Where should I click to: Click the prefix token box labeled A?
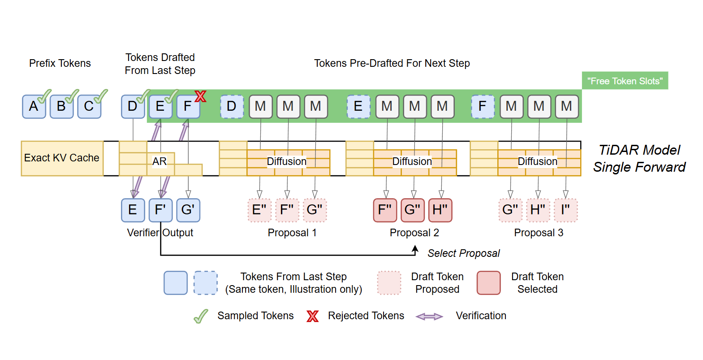click(34, 107)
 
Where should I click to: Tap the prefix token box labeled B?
click(61, 107)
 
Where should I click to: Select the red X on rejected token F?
click(200, 96)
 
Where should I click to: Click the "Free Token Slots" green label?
click(625, 81)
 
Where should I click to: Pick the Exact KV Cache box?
click(62, 158)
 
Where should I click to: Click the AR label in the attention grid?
click(160, 161)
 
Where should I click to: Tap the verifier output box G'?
click(188, 210)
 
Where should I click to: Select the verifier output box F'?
click(160, 210)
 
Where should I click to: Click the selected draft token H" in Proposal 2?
click(440, 210)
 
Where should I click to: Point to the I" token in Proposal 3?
click(565, 210)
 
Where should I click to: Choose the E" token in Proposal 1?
click(259, 210)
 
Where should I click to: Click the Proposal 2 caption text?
click(414, 233)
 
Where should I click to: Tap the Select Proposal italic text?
click(463, 253)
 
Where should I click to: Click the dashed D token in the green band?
click(232, 107)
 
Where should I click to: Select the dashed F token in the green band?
click(483, 107)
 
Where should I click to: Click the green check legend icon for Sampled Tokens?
click(201, 316)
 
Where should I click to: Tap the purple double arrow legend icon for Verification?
click(429, 317)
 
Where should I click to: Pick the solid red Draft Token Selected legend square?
click(488, 283)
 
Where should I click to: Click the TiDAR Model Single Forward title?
click(639, 158)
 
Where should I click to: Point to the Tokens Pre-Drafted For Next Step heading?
click(392, 63)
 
